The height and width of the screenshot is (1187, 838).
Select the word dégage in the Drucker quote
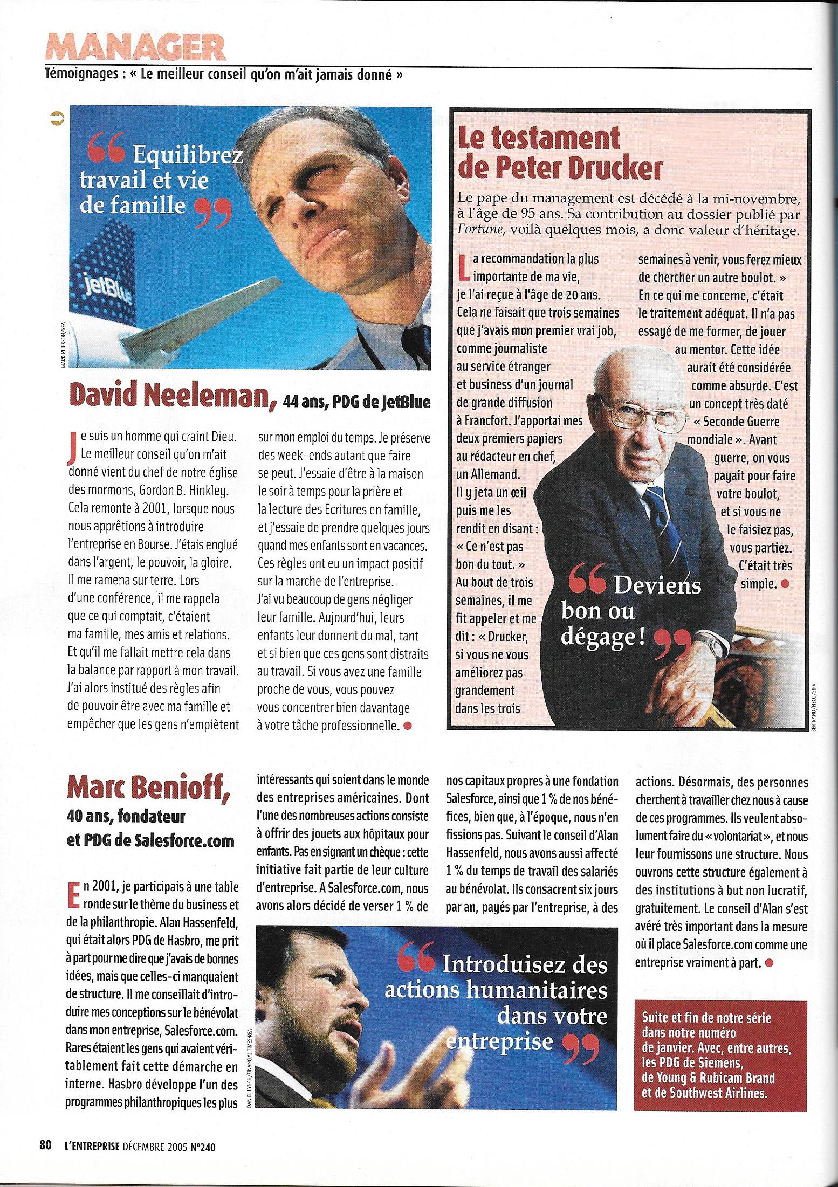603,637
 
